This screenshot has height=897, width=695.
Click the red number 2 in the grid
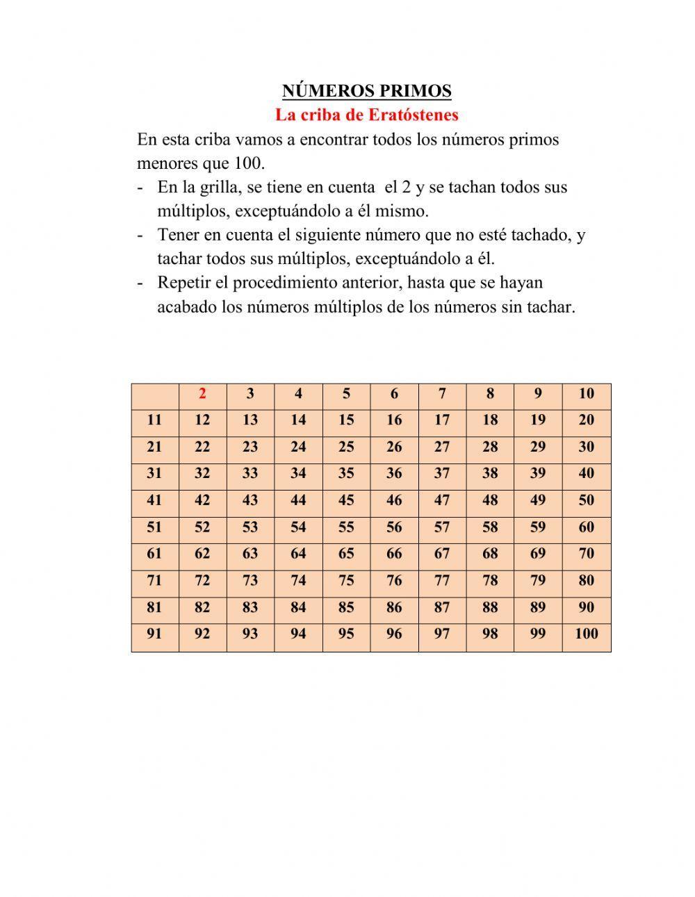coord(202,394)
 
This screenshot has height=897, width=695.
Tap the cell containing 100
coord(587,634)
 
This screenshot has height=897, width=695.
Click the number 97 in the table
coord(442,634)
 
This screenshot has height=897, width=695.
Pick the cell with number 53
coord(250,527)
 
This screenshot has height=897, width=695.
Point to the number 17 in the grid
coord(442,420)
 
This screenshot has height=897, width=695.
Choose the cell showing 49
coord(538,500)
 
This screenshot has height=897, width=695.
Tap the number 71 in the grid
coord(154,581)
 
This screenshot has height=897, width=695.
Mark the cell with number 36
coord(394,474)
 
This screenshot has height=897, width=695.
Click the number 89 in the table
coord(538,607)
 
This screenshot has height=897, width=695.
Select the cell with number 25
coord(346,447)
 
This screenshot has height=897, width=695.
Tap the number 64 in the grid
coord(298,554)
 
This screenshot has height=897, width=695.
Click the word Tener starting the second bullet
coord(179,236)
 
